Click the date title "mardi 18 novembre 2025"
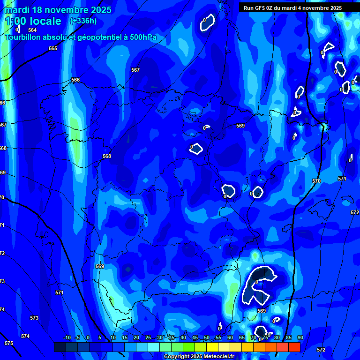58,10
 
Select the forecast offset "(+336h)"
83,21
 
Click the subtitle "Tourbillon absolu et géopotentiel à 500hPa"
81,37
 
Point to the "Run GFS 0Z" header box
292,8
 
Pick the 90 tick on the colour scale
300,338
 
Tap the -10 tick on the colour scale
67,338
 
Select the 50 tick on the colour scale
207,338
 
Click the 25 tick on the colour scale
148,338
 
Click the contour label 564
32,30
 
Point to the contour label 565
53,49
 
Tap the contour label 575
9,344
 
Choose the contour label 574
25,337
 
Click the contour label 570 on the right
316,181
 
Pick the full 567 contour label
135,70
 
